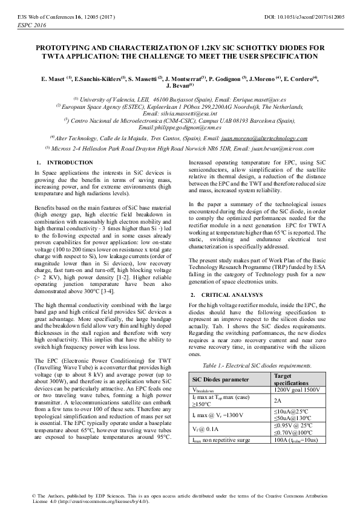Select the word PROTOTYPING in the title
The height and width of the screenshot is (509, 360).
click(x=65, y=47)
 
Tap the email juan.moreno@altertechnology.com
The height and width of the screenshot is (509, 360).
click(x=265, y=138)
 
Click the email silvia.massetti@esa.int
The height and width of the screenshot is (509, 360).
click(x=180, y=113)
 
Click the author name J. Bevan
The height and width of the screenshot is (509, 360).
click(x=178, y=86)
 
